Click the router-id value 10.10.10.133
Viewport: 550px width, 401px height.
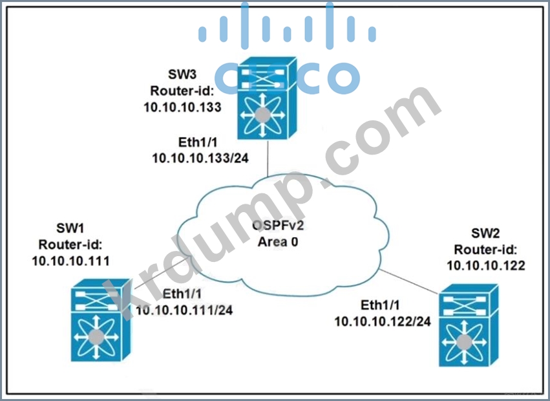click(183, 106)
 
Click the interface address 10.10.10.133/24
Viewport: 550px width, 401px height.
click(191, 157)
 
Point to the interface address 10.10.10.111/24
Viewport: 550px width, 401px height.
click(184, 310)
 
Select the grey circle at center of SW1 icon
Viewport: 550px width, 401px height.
click(96, 336)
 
